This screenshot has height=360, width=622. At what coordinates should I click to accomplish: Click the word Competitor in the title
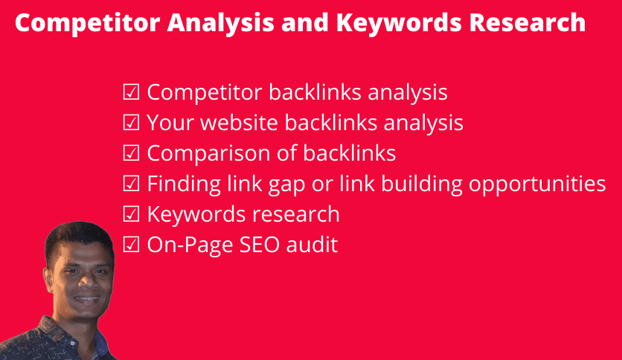[x=87, y=22]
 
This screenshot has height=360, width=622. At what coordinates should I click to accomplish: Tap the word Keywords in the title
[x=399, y=22]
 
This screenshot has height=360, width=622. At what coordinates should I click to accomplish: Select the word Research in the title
[x=528, y=22]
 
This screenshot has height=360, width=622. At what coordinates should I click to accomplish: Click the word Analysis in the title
[x=220, y=22]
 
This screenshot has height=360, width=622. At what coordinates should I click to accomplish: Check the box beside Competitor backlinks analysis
[x=131, y=92]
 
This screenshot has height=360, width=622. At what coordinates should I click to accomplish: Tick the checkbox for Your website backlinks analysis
[x=131, y=123]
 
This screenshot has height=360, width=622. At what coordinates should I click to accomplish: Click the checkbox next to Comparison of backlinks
[x=131, y=153]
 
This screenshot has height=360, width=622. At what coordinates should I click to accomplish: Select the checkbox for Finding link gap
[x=131, y=184]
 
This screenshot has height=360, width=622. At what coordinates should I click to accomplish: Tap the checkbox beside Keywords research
[x=131, y=214]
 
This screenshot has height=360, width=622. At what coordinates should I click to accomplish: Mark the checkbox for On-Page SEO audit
[x=131, y=245]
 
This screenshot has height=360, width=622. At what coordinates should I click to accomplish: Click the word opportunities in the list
[x=537, y=184]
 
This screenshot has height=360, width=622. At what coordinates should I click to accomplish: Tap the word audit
[x=312, y=244]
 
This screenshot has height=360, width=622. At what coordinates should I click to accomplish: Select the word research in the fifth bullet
[x=296, y=214]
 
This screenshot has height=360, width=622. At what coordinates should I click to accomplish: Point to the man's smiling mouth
[x=87, y=299]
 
